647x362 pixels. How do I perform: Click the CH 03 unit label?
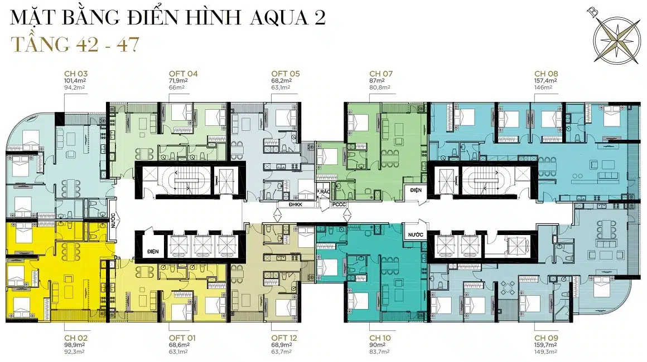click(76, 74)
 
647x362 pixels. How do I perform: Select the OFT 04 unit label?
click(183, 74)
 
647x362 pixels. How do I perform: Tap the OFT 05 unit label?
click(286, 74)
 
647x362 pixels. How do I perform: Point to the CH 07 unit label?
click(381, 74)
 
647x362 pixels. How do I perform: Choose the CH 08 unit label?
click(546, 74)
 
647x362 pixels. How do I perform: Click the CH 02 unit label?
click(76, 338)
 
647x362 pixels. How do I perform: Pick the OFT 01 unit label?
click(182, 338)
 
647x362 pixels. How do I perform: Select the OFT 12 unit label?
click(284, 338)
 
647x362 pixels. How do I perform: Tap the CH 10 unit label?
click(380, 338)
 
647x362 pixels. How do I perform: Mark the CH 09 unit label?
click(546, 338)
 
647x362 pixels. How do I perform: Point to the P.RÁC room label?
click(323, 192)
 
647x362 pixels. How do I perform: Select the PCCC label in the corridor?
click(339, 204)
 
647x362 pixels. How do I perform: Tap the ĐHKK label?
click(296, 204)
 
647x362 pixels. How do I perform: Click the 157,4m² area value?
click(545, 81)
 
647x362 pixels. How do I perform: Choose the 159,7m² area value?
click(545, 345)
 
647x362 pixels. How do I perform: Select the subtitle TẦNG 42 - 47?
click(75, 44)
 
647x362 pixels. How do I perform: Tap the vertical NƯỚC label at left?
click(113, 220)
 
